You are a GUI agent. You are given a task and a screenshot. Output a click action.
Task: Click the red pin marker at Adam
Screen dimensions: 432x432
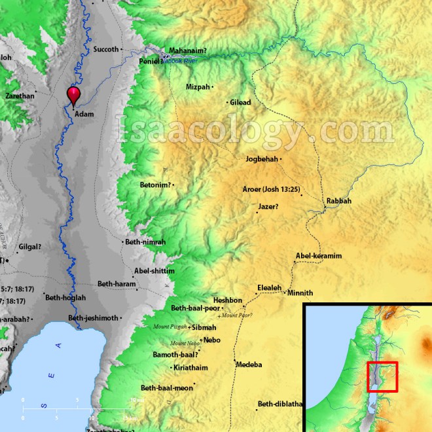coord(74,96)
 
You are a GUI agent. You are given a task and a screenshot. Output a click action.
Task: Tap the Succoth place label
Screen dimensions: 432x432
coord(107,49)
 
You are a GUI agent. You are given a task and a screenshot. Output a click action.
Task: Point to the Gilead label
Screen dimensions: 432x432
coord(241,102)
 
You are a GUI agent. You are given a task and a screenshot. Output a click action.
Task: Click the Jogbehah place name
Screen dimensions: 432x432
coord(261,159)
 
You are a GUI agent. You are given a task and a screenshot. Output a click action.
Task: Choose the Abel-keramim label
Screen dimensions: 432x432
coord(319,256)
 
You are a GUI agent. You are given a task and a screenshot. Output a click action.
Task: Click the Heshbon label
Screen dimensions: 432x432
coord(227,300)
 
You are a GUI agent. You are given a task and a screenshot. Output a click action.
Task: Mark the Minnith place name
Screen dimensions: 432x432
coord(300,293)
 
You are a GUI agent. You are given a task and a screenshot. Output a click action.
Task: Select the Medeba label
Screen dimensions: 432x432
coord(249,364)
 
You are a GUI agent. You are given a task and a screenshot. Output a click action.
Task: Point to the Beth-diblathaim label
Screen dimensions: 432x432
coord(279,404)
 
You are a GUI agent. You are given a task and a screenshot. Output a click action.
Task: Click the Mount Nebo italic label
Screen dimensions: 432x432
coord(184,343)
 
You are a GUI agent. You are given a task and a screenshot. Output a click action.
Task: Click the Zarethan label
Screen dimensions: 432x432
coord(19,96)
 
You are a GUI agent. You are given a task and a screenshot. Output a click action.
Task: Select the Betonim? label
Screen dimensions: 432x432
coord(156,185)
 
